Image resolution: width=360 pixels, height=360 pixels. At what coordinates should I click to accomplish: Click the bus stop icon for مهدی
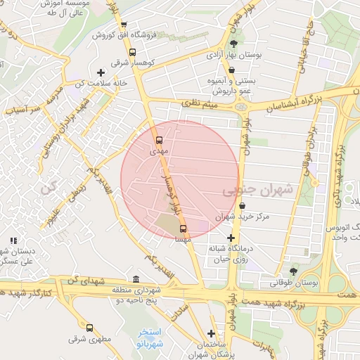pyautogui.click(x=158, y=141)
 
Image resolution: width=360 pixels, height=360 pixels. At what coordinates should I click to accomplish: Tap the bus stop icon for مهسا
pyautogui.click(x=184, y=229)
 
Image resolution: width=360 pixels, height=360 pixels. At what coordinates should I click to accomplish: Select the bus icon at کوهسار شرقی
pyautogui.click(x=133, y=51)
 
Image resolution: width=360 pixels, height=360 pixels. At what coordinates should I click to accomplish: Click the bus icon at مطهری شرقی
pyautogui.click(x=89, y=328)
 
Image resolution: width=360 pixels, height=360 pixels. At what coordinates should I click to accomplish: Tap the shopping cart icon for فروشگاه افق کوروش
pyautogui.click(x=124, y=25)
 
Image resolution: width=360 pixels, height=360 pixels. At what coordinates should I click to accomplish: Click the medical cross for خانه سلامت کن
pyautogui.click(x=101, y=72)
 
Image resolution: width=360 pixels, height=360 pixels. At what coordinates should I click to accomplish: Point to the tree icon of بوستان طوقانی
pyautogui.click(x=293, y=271)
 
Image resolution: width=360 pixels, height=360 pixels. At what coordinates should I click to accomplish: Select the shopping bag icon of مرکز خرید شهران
pyautogui.click(x=243, y=206)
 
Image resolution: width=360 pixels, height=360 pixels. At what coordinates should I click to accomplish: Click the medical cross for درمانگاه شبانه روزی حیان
pyautogui.click(x=230, y=238)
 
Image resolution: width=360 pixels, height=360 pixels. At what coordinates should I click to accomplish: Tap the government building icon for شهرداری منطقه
pyautogui.click(x=136, y=278)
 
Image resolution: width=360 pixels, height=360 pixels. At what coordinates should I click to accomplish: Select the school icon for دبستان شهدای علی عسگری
pyautogui.click(x=13, y=240)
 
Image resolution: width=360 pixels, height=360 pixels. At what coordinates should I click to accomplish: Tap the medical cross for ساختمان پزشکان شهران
pyautogui.click(x=211, y=333)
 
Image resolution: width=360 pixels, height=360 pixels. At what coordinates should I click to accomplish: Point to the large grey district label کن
pyautogui.click(x=48, y=188)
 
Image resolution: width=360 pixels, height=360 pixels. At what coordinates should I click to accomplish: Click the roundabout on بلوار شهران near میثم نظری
pyautogui.click(x=243, y=108)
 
